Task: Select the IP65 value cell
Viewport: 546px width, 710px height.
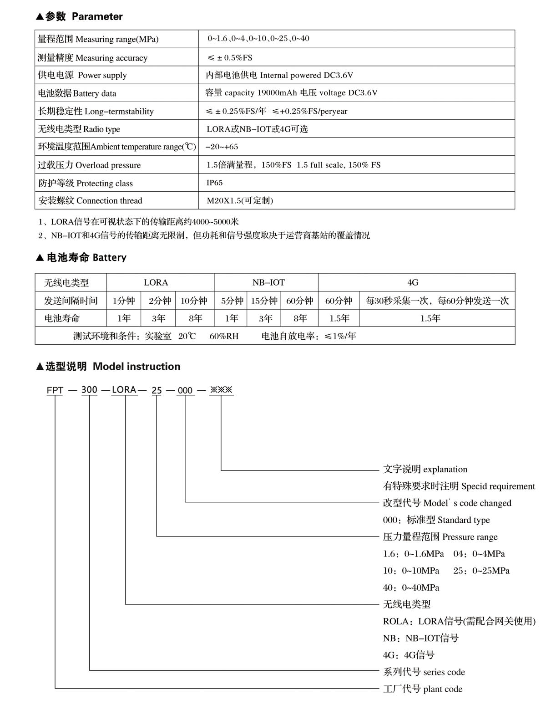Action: pos(215,183)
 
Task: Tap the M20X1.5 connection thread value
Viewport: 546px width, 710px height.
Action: pos(240,200)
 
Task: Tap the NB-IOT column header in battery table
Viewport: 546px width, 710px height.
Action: pos(268,282)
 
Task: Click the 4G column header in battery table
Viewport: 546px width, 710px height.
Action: pos(413,282)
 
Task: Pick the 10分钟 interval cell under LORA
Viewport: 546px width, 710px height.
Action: pos(194,301)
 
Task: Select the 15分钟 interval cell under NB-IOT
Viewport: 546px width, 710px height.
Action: pos(264,301)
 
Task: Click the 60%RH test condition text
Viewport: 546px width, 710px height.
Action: pos(224,336)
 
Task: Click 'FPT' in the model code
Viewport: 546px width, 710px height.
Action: pos(55,390)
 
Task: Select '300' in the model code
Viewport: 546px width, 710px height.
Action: pos(89,390)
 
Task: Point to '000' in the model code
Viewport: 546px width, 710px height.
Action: pos(185,390)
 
